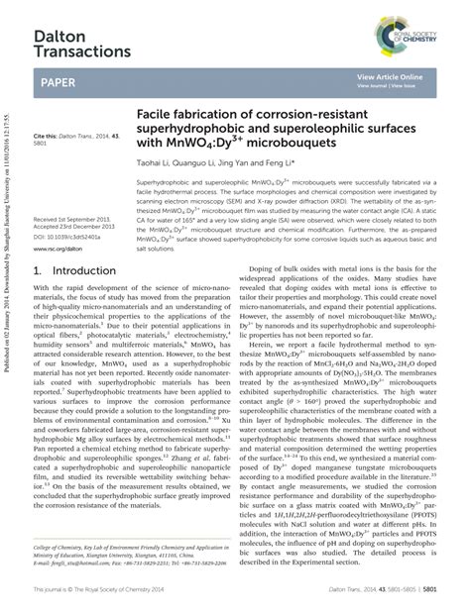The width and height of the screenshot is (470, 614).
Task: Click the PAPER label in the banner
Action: [59, 84]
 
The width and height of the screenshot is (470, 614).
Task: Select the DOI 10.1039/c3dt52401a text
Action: [66, 238]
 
